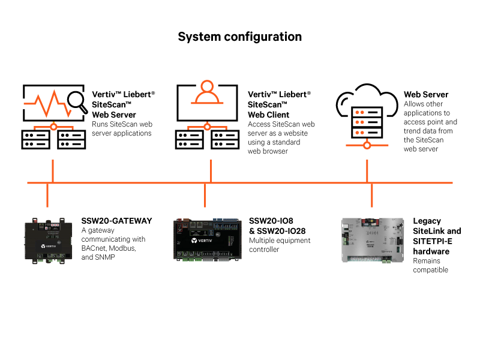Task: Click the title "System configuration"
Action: click(x=239, y=37)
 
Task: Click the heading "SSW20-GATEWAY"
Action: click(x=116, y=221)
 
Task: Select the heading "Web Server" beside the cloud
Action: click(x=425, y=95)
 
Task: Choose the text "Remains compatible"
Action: click(x=430, y=265)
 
